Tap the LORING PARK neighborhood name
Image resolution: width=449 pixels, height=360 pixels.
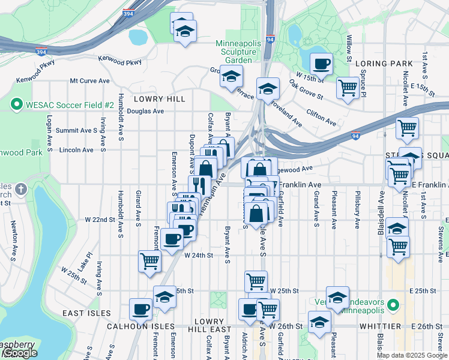click(384, 64)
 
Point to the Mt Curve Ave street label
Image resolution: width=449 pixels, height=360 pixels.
click(89, 80)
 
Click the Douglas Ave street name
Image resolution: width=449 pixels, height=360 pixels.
click(145, 111)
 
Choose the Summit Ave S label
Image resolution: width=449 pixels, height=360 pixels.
click(76, 130)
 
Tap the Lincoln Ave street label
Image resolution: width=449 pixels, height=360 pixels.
click(76, 150)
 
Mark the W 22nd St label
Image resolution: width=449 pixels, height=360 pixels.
click(100, 220)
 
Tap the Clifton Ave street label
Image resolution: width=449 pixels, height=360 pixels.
click(321, 116)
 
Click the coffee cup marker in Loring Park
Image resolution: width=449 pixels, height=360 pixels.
click(321, 63)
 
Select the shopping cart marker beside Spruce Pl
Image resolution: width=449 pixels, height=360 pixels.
click(348, 88)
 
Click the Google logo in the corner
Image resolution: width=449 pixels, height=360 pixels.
click(20, 353)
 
